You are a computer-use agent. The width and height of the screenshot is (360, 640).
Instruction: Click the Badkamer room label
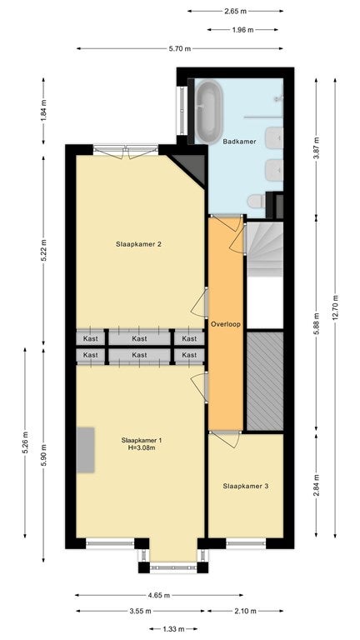239,142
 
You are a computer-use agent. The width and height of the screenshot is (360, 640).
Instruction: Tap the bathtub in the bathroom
208,112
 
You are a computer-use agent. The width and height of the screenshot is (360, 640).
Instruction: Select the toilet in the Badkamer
257,201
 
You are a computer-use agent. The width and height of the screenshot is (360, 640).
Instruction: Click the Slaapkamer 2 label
139,244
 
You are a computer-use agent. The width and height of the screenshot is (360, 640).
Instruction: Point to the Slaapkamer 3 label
246,486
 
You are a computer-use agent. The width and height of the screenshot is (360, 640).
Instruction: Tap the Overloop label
226,324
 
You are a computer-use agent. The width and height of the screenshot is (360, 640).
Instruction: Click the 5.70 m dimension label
180,48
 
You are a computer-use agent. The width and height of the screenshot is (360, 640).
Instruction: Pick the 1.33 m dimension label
173,629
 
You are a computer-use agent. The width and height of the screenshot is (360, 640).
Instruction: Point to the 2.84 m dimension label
316,484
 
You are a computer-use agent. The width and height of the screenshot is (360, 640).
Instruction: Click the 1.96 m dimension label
242,30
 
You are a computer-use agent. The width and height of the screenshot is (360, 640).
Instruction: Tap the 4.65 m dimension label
159,596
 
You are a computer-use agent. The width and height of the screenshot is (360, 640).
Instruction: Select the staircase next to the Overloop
265,249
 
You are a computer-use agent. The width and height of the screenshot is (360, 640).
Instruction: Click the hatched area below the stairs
265,381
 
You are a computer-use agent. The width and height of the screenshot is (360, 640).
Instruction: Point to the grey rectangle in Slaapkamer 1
86,450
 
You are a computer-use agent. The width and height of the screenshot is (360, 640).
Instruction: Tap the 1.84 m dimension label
44,110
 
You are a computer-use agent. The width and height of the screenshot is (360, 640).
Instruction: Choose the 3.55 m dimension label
140,611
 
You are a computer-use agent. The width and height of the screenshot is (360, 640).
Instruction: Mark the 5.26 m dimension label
25,442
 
